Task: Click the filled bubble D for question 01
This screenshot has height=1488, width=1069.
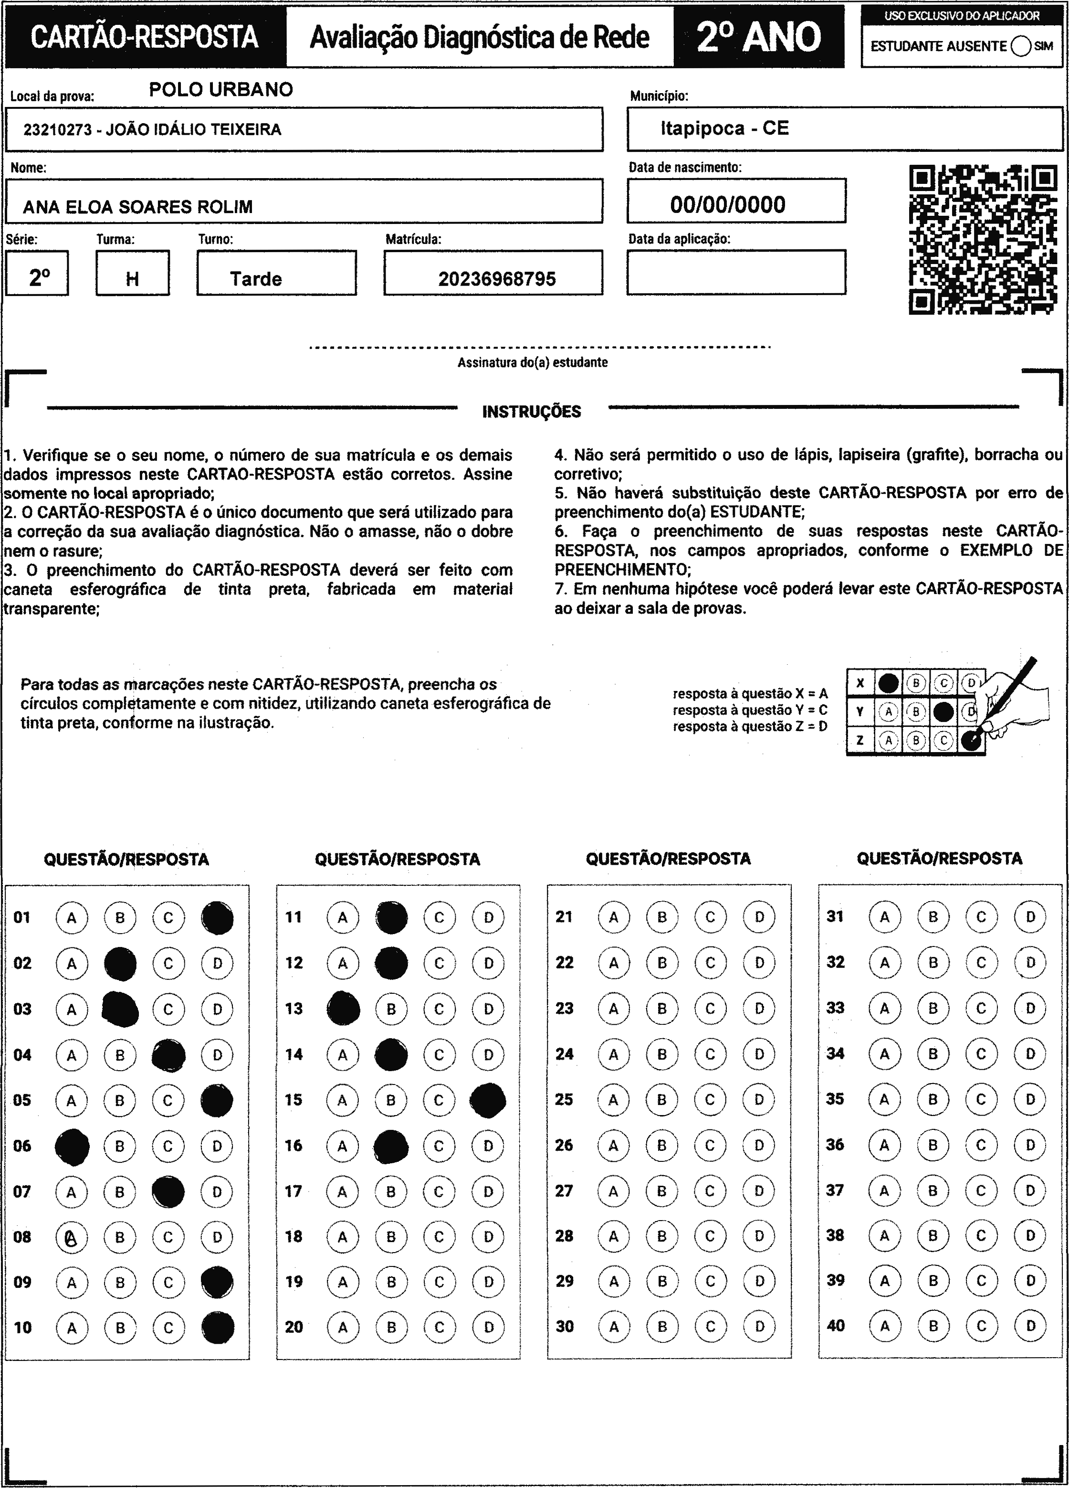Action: click(x=218, y=918)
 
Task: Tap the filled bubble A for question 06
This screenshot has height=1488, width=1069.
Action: click(x=72, y=1146)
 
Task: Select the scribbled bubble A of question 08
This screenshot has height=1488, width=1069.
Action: click(x=72, y=1237)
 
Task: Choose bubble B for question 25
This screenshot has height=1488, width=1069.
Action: click(x=662, y=1100)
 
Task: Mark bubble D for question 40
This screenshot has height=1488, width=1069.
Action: click(x=1030, y=1326)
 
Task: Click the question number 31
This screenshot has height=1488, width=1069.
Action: click(x=835, y=916)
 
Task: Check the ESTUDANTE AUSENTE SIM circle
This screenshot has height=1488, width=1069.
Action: click(x=1021, y=47)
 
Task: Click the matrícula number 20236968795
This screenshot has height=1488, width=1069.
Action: click(x=496, y=279)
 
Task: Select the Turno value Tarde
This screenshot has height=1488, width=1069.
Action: click(x=256, y=279)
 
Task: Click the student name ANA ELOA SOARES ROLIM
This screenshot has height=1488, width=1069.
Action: click(x=138, y=207)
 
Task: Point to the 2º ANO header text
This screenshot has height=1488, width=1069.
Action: click(x=758, y=37)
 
